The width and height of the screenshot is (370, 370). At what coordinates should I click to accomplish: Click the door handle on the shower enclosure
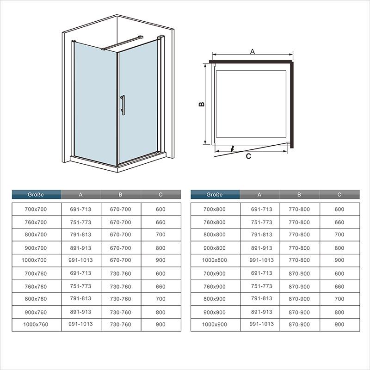123,105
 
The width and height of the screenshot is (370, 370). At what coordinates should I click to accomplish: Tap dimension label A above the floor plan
253,51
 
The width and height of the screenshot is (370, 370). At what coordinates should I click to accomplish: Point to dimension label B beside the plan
202,104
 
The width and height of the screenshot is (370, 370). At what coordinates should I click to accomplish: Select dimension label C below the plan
248,156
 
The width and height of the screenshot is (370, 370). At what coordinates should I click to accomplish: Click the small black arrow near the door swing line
233,148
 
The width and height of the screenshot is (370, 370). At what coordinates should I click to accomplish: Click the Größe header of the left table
36,195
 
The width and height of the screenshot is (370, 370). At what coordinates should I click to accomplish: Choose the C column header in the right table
339,195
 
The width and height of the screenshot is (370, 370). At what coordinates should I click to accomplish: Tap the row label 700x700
36,210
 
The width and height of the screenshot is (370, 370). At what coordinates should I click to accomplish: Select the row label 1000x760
36,325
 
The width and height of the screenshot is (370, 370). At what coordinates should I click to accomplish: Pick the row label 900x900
215,313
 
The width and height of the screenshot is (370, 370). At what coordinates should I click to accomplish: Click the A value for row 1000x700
80,260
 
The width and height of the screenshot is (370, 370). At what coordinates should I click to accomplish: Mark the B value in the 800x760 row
121,299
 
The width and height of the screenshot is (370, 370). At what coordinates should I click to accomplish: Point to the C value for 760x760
160,287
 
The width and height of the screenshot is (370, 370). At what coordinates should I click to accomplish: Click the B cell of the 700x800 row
299,210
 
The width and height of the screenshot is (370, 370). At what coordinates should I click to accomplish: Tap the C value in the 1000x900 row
339,325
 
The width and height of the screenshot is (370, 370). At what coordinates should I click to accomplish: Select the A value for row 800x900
262,298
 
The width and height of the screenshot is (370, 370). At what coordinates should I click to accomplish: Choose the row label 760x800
215,222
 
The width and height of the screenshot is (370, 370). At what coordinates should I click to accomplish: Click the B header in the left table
121,195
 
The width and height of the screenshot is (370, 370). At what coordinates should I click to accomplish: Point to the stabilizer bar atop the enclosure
122,43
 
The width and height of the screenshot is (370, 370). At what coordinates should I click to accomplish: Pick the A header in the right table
259,195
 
